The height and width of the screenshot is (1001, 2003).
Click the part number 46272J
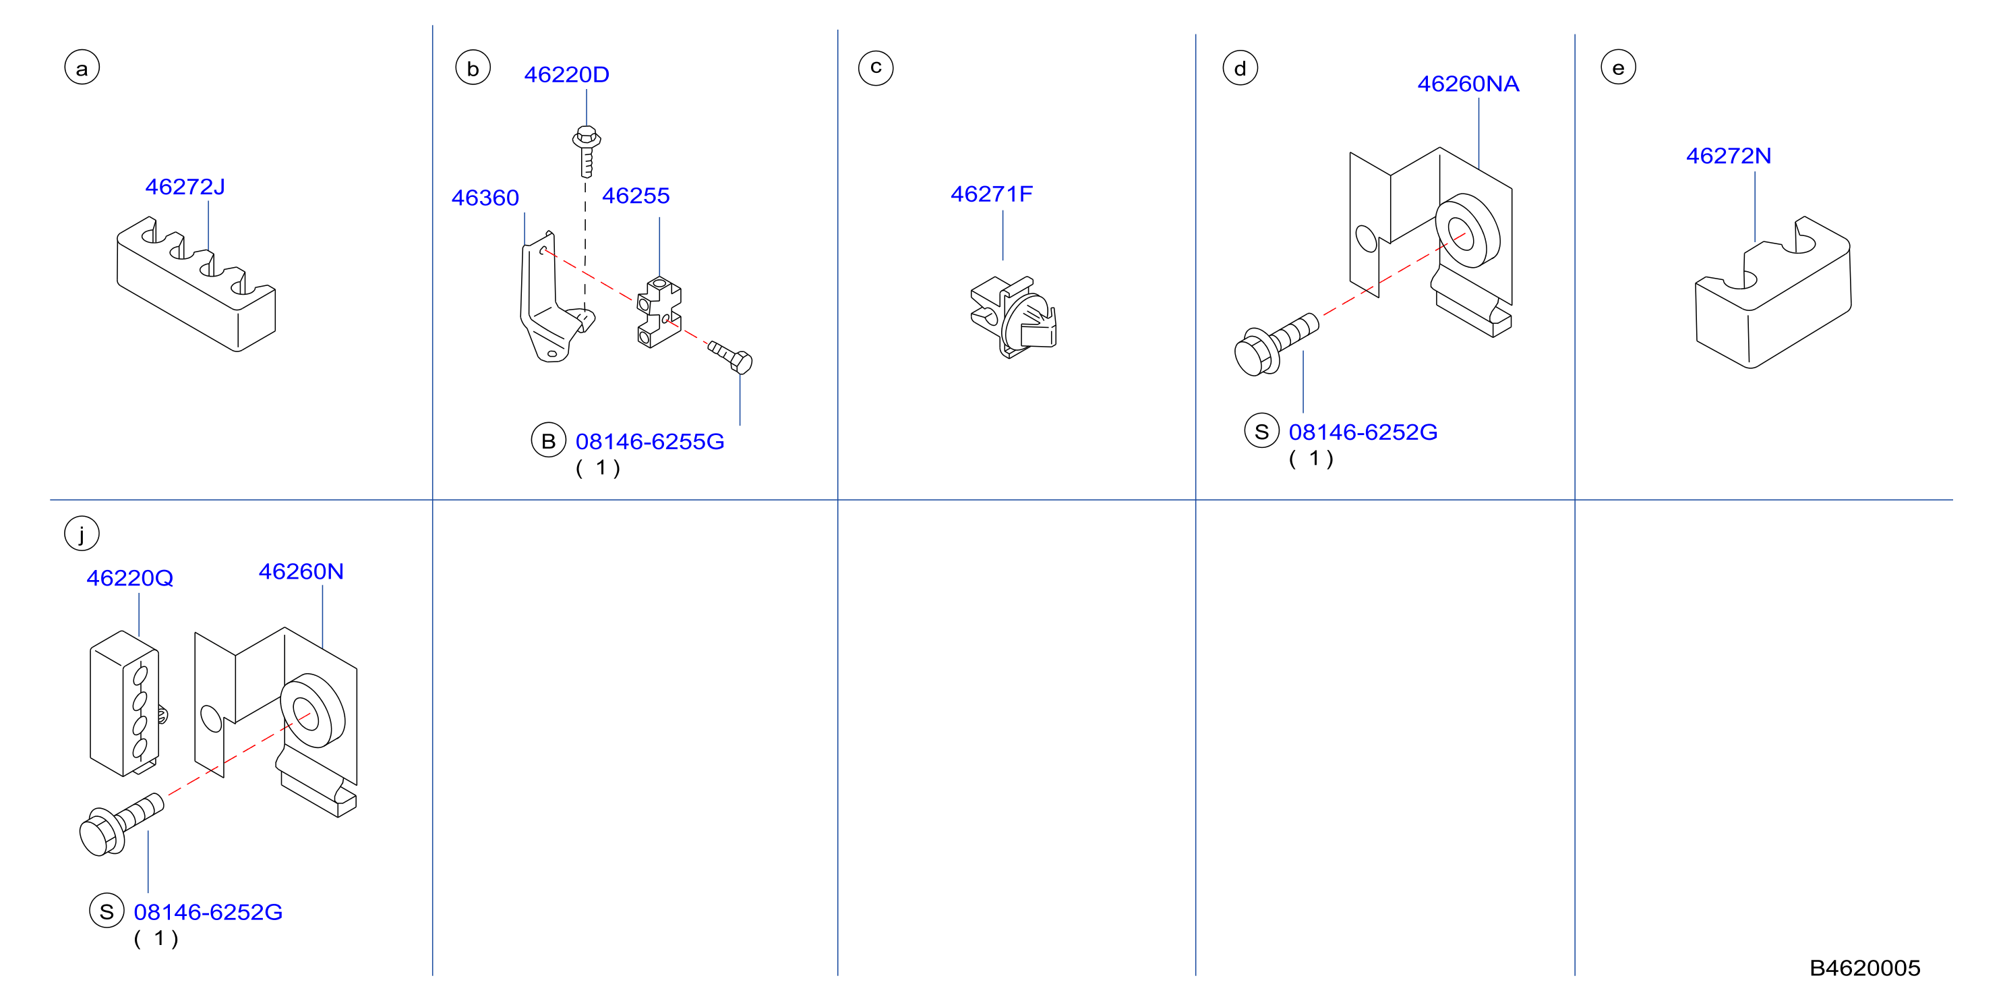(x=185, y=187)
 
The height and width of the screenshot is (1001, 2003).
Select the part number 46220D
(x=567, y=75)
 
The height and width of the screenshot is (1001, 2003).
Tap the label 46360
(x=485, y=198)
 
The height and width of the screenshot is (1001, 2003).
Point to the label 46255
(x=635, y=196)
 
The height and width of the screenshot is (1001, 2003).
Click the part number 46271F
(x=992, y=194)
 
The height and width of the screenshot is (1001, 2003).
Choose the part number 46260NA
(x=1468, y=84)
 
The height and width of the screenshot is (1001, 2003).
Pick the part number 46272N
(x=1729, y=156)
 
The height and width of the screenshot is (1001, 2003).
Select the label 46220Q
(x=130, y=579)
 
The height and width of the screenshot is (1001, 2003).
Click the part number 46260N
(x=301, y=572)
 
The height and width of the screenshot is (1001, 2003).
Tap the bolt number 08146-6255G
(x=650, y=442)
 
